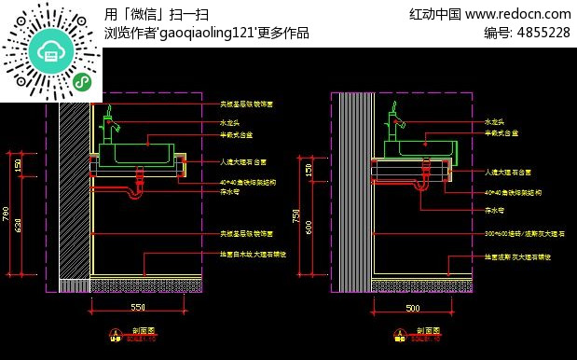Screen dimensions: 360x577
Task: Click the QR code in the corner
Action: pos(51,50)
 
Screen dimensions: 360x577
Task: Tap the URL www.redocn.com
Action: pos(517,13)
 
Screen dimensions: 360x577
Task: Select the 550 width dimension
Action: pos(138,307)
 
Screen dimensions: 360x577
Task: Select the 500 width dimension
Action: pos(412,307)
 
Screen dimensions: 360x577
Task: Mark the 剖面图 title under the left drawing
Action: pos(143,330)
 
